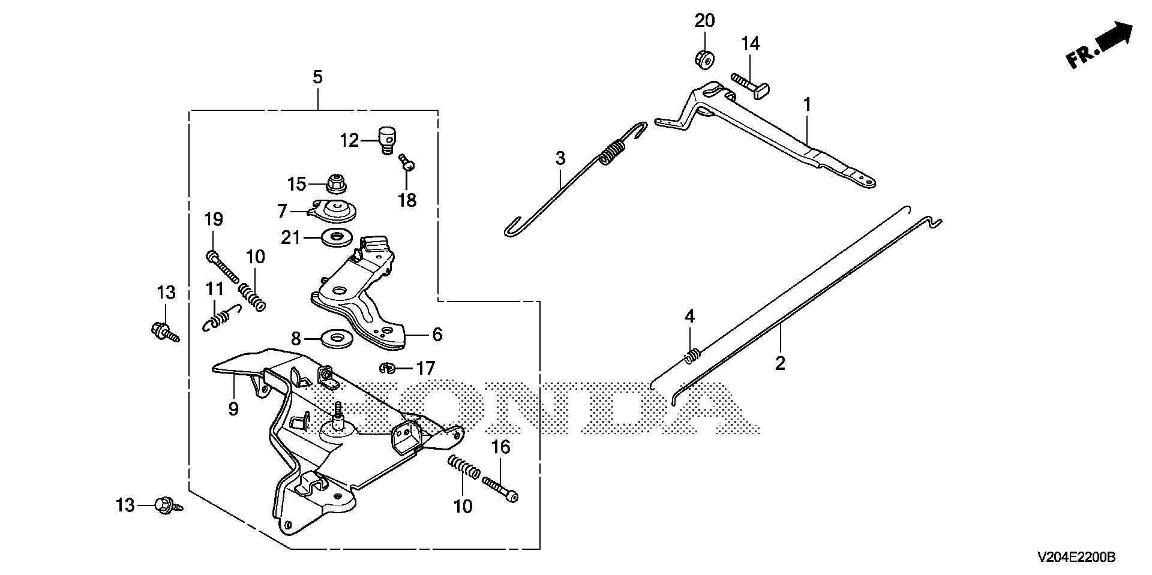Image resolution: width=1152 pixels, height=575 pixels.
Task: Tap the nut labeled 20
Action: pos(704,59)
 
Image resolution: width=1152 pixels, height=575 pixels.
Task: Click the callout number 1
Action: pos(808,105)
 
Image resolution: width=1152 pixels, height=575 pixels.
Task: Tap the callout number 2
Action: pos(780,363)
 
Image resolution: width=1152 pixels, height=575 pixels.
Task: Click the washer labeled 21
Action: pos(337,237)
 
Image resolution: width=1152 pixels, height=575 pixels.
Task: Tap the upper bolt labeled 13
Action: pos(163,331)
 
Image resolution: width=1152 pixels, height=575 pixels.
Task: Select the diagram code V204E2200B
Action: pos(1076,558)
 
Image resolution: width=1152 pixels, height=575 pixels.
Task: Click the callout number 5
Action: pos(317,77)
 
